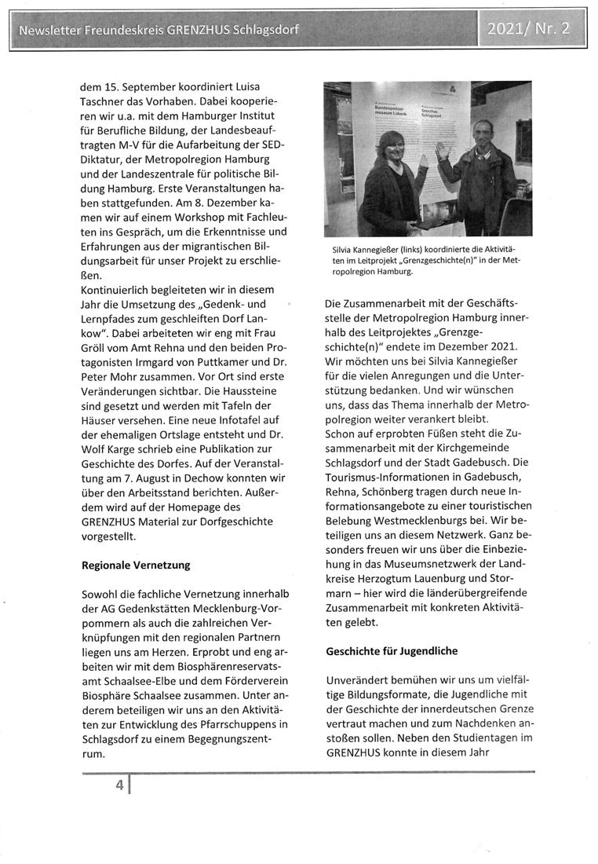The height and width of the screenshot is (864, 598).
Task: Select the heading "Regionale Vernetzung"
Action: [x=136, y=565]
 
